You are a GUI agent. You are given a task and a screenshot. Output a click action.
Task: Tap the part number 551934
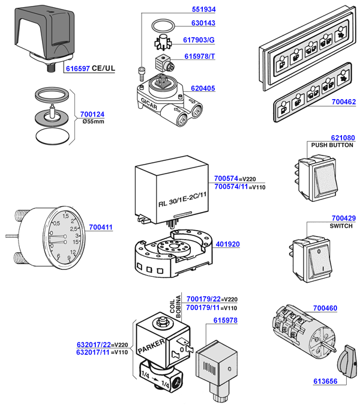(203, 10)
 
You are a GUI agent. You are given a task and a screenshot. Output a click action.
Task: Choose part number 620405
(203, 88)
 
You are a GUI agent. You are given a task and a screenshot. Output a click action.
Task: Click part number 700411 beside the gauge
(101, 228)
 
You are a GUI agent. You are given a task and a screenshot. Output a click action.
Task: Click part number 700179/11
(203, 308)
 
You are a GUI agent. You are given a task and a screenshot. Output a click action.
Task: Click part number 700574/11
(231, 187)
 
